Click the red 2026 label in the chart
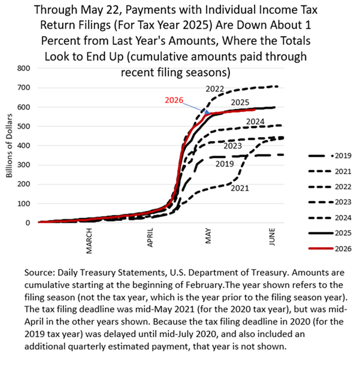coord(174,100)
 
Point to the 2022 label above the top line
coord(214,89)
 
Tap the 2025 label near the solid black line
coord(240,102)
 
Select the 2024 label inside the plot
coord(255,122)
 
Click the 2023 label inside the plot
coord(232,145)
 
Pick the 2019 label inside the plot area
coord(225,164)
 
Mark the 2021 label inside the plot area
coord(240,188)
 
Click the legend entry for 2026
coord(330,248)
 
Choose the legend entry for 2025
coord(330,233)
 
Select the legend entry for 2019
coord(330,156)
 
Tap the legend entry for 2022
coord(330,187)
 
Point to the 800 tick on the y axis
coord(23,68)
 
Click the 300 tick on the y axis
coord(23,165)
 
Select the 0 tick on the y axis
coord(28,223)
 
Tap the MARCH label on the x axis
coord(89,241)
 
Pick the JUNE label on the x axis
coord(272,237)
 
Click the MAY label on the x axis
coord(208,236)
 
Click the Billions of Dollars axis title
coord(10,145)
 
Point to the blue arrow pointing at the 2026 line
coord(196,108)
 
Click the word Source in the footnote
coord(39,272)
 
